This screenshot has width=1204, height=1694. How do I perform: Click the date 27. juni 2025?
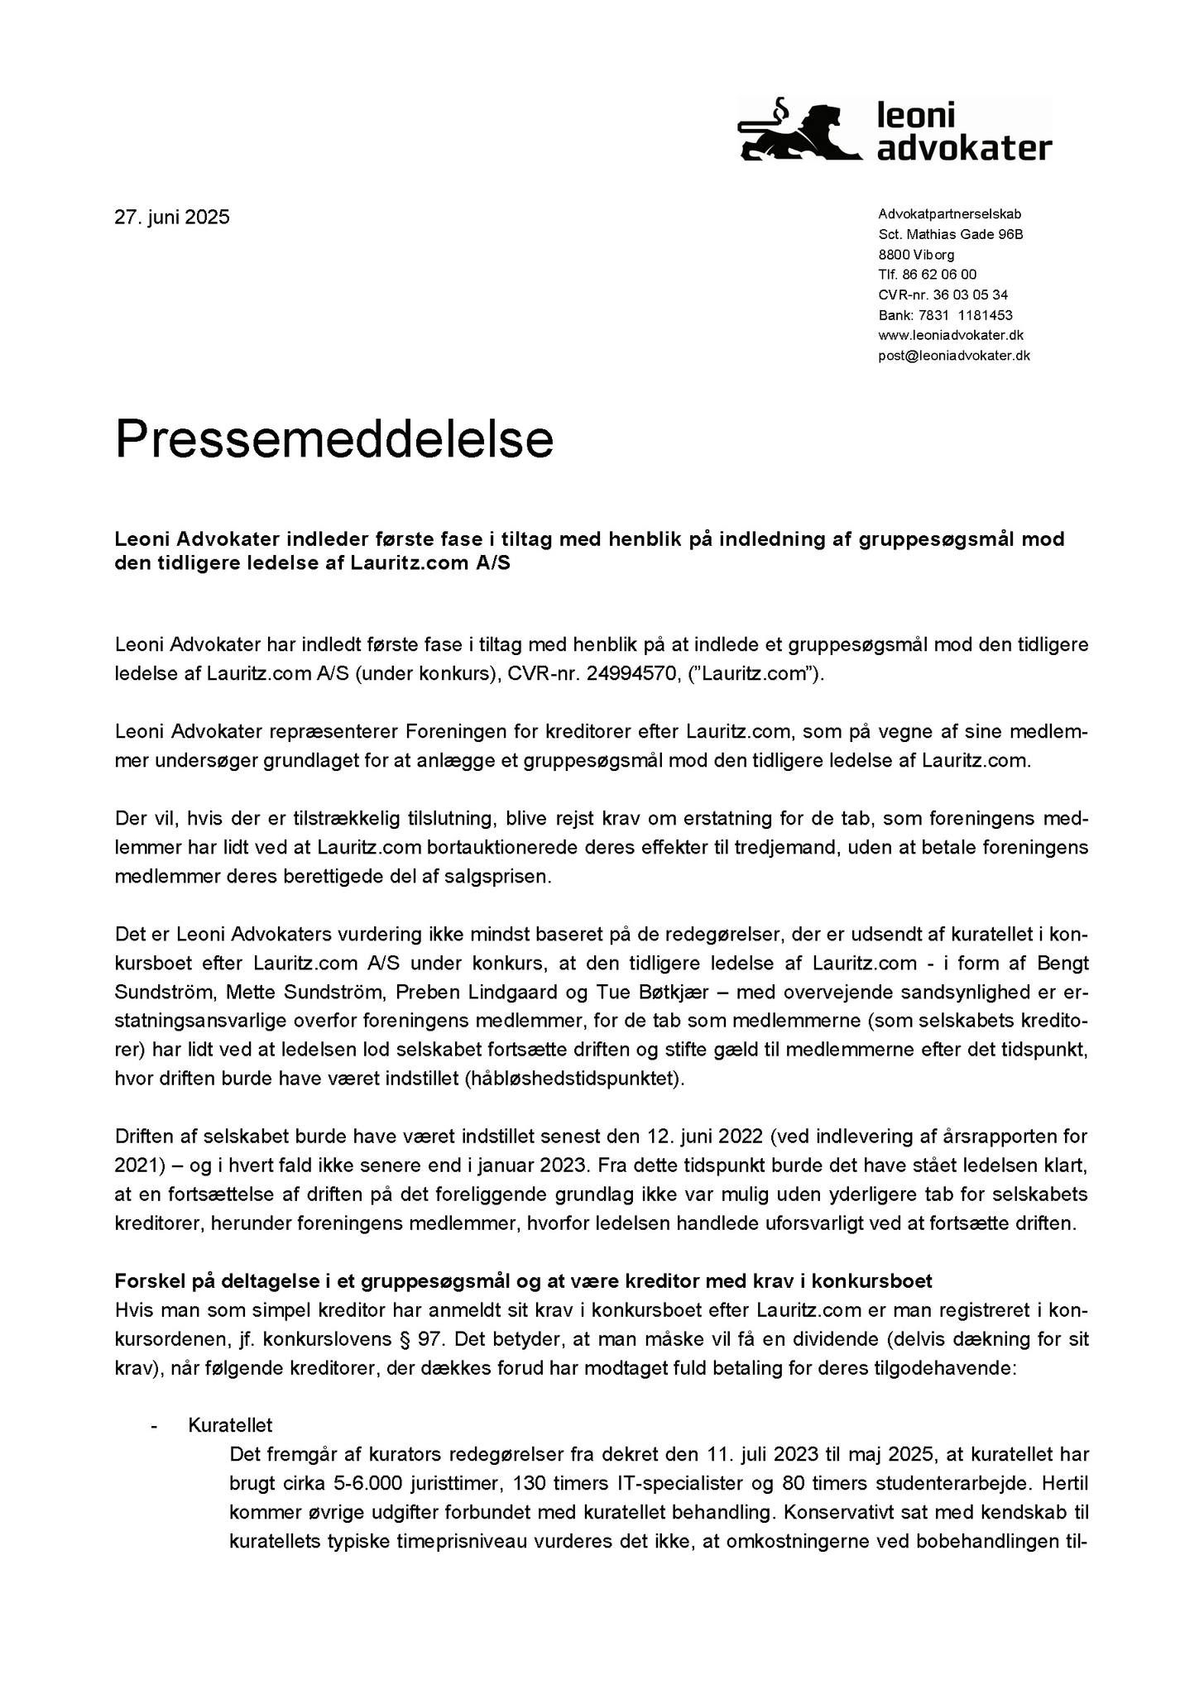tap(172, 218)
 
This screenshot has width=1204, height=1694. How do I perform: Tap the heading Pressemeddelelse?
tap(333, 438)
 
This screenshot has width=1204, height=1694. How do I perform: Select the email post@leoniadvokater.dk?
tap(953, 356)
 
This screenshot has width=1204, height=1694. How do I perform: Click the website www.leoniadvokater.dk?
tap(951, 335)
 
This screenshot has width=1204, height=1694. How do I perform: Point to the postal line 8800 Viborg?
tap(916, 255)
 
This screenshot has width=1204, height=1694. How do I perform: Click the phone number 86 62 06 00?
tap(938, 275)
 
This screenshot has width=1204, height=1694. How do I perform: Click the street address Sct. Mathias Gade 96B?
tap(950, 234)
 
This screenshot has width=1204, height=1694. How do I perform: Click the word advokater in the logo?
tap(963, 149)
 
